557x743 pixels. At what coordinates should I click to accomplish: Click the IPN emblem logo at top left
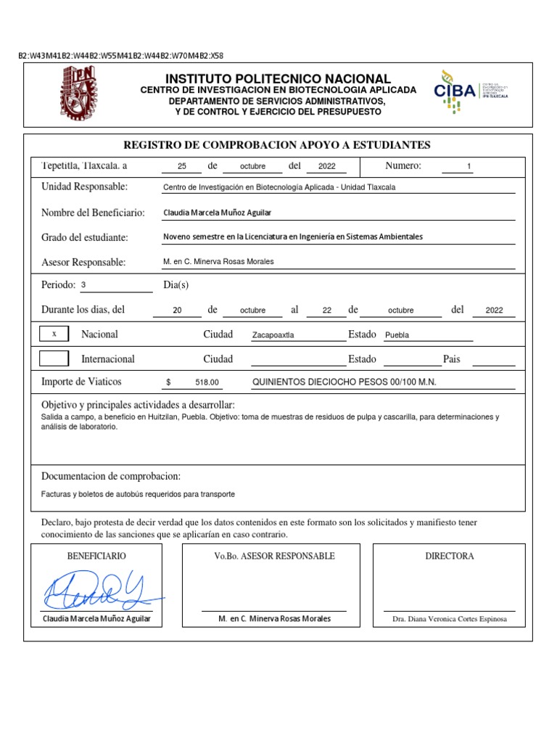pyautogui.click(x=78, y=94)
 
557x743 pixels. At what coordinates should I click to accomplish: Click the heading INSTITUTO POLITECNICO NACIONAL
pyautogui.click(x=278, y=78)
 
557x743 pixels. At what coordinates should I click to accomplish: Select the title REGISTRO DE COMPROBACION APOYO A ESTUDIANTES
pyautogui.click(x=277, y=145)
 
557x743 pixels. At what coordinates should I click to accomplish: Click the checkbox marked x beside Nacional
pyautogui.click(x=53, y=334)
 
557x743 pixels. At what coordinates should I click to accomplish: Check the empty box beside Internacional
pyautogui.click(x=53, y=358)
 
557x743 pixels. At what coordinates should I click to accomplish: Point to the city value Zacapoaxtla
pyautogui.click(x=273, y=335)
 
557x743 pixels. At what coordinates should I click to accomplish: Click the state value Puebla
pyautogui.click(x=397, y=335)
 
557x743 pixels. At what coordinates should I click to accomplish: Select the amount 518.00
pyautogui.click(x=207, y=382)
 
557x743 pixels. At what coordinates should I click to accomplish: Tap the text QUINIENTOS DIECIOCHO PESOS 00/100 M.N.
pyautogui.click(x=344, y=382)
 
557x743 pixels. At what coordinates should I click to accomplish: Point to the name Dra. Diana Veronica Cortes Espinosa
pyautogui.click(x=449, y=619)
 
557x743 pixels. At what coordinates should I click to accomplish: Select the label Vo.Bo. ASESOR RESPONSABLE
pyautogui.click(x=274, y=556)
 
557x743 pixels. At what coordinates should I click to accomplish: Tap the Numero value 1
pyautogui.click(x=469, y=167)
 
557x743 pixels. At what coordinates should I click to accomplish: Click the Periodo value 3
pyautogui.click(x=83, y=285)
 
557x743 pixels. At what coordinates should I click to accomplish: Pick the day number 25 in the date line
pyautogui.click(x=182, y=167)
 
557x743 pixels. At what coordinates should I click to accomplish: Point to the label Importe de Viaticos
pyautogui.click(x=81, y=382)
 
